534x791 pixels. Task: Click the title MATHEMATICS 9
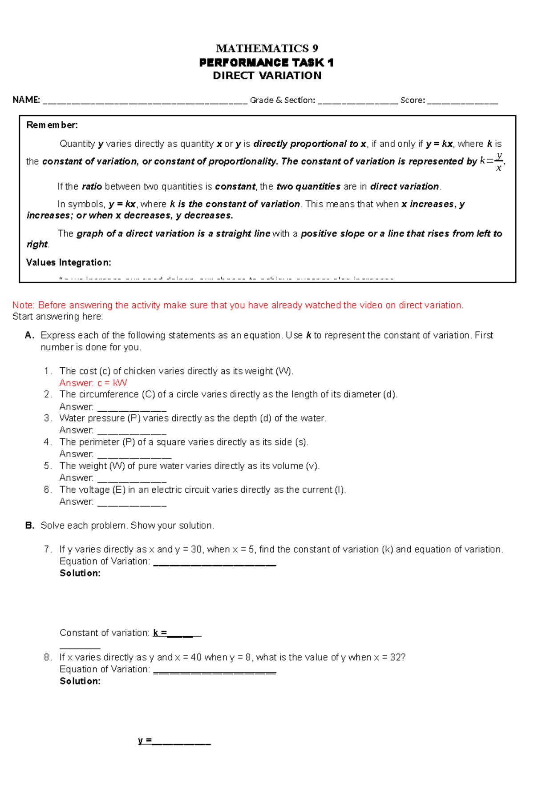pyautogui.click(x=267, y=48)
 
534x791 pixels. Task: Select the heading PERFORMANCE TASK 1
pyautogui.click(x=267, y=62)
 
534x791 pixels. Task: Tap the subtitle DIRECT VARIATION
pyautogui.click(x=267, y=76)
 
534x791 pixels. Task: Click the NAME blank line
pyautogui.click(x=145, y=101)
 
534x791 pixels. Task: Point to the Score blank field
pyautogui.click(x=462, y=101)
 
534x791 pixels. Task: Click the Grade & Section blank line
pyautogui.click(x=358, y=101)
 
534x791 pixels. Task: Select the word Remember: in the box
pyautogui.click(x=52, y=125)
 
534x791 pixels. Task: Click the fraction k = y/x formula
pyautogui.click(x=493, y=161)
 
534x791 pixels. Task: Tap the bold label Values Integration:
pyautogui.click(x=69, y=262)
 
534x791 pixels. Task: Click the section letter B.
pyautogui.click(x=30, y=526)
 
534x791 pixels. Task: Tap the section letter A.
pyautogui.click(x=29, y=335)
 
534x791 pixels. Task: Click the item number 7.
pyautogui.click(x=48, y=549)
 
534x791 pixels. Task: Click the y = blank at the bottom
pyautogui.click(x=181, y=742)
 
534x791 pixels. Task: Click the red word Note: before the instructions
pyautogui.click(x=24, y=305)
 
